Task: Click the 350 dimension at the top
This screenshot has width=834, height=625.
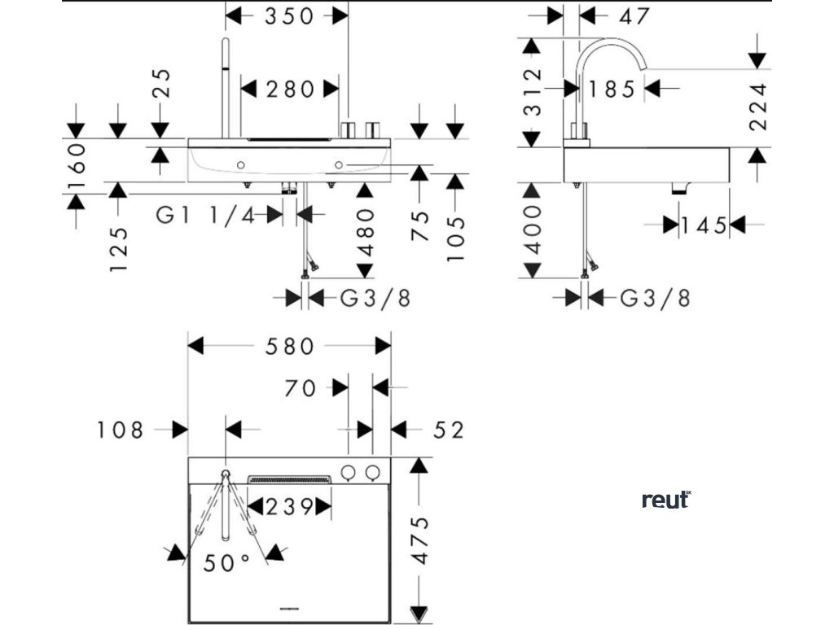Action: pos(288,15)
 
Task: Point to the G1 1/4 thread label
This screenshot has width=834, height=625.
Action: pos(205,215)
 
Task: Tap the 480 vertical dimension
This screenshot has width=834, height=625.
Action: pos(365,232)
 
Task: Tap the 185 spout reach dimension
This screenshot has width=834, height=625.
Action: pos(612,89)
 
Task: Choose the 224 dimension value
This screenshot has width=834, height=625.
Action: pos(758,107)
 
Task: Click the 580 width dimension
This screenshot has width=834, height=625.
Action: pos(289,347)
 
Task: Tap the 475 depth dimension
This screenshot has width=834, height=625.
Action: pos(419,540)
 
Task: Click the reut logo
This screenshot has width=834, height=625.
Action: pos(665,500)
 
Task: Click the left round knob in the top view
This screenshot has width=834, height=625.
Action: pos(348,471)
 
